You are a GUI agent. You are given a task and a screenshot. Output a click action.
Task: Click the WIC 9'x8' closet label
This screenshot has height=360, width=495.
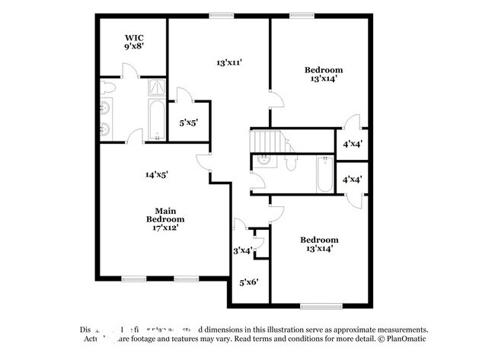135,41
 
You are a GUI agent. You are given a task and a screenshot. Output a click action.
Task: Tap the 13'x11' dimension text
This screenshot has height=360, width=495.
229,63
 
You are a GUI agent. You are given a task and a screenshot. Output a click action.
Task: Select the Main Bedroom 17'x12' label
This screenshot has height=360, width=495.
166,218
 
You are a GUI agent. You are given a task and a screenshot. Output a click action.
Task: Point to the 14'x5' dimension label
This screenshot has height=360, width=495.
156,174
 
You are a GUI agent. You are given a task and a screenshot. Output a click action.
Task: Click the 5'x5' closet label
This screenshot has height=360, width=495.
188,122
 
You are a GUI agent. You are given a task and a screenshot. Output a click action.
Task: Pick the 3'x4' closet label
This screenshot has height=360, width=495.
242,250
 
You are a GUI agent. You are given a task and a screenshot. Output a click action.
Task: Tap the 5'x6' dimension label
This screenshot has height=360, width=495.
249,282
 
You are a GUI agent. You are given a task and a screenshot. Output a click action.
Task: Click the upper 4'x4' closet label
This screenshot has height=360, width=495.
353,143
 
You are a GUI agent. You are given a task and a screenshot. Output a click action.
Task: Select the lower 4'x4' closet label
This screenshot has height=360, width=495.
353,180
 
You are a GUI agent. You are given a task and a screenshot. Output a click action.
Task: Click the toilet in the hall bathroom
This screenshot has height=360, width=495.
290,164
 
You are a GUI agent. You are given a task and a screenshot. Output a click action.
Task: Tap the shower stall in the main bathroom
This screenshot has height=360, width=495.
156,89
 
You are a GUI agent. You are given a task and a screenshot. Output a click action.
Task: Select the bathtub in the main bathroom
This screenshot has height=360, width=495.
156,122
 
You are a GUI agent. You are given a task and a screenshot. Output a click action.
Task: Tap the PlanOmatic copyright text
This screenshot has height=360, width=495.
404,340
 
